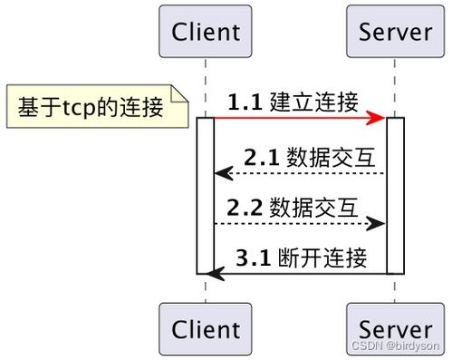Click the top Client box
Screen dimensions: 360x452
(205, 32)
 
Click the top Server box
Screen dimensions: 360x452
(395, 32)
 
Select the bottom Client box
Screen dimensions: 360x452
(205, 328)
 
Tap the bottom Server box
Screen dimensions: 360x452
(395, 328)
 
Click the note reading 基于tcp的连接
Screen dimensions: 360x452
(91, 108)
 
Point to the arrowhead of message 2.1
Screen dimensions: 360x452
(221, 173)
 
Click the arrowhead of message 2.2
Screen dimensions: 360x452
(379, 223)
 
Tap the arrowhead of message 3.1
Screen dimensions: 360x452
(214, 272)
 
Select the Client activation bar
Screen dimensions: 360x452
(206, 195)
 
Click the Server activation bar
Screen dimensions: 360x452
(395, 195)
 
